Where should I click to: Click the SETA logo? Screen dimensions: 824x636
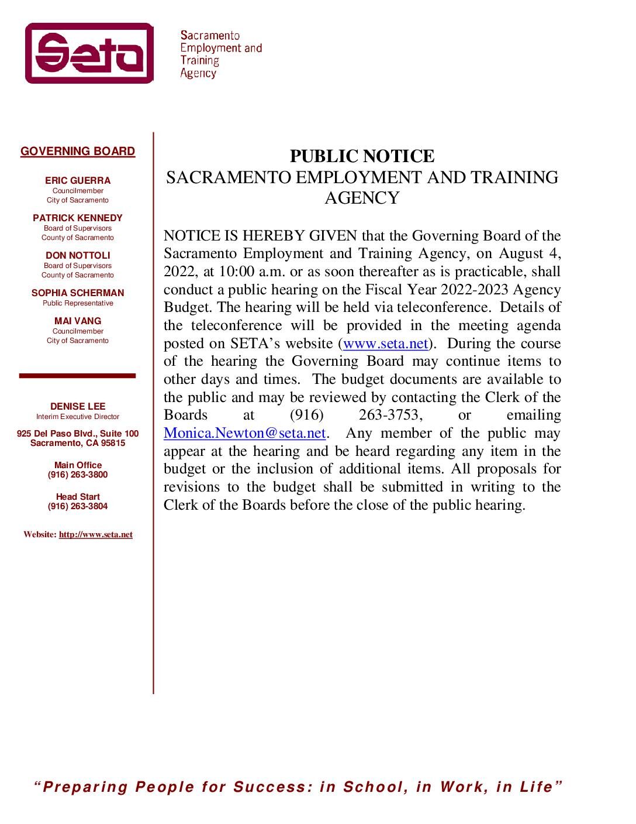(89, 53)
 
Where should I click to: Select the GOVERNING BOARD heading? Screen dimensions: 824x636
(78, 152)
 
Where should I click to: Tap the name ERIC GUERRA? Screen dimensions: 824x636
(78, 181)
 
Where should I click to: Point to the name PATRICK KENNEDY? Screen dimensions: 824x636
(78, 218)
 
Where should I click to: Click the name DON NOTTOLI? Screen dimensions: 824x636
(78, 256)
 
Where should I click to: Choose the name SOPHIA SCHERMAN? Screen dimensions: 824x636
(78, 293)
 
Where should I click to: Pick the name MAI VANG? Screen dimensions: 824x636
(78, 321)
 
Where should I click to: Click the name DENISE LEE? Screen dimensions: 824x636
(78, 407)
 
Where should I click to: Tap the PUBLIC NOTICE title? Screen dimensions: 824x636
(362, 156)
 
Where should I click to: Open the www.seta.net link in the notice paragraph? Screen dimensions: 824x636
(386, 344)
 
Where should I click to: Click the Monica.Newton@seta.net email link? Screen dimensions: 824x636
(244, 433)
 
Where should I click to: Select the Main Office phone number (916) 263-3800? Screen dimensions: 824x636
(78, 475)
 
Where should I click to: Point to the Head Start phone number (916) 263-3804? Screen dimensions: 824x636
(78, 507)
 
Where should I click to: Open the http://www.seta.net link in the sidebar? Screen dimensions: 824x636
(96, 534)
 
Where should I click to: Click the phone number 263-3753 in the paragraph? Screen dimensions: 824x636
(388, 415)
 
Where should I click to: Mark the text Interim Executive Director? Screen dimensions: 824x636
(78, 417)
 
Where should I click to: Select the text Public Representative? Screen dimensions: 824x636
(78, 303)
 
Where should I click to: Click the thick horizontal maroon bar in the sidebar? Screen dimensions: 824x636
(77, 376)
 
